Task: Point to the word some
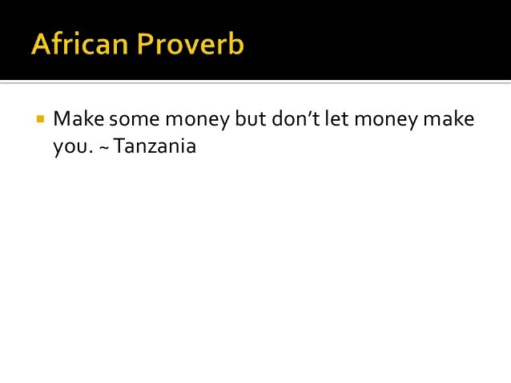point(133,120)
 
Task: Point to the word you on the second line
point(68,149)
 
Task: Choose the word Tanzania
point(155,146)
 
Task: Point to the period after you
point(87,152)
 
